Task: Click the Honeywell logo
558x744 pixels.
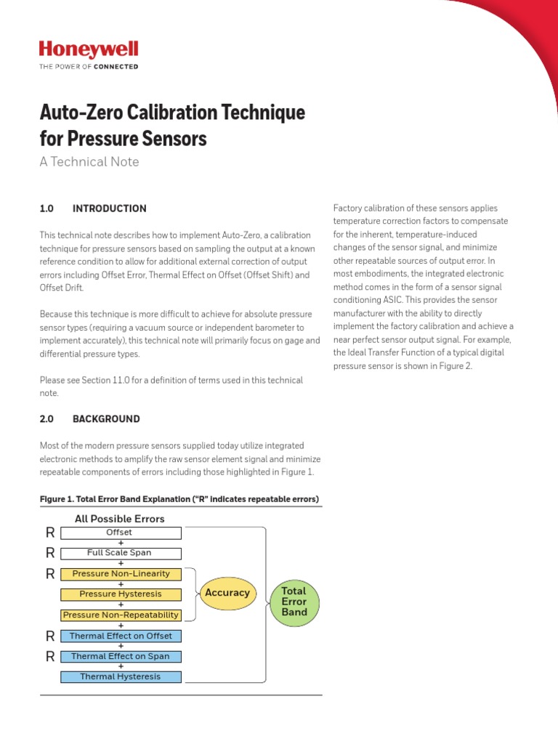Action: (88, 50)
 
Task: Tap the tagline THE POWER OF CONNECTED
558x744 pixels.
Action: (88, 67)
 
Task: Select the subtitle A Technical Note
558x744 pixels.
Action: (89, 162)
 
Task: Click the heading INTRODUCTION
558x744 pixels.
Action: (109, 209)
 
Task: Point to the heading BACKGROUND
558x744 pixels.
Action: (106, 419)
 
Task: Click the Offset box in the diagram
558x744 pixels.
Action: (121, 533)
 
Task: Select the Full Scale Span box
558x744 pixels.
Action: (121, 553)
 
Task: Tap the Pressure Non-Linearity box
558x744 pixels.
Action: (121, 574)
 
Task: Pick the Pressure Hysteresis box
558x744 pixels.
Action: (121, 594)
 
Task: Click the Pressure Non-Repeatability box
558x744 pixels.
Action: (121, 615)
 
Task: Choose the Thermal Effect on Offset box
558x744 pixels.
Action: (121, 636)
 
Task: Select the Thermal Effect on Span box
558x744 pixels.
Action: (121, 656)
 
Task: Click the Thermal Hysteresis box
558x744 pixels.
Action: (121, 677)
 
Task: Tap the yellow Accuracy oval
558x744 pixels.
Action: (227, 593)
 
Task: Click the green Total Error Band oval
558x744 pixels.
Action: (294, 602)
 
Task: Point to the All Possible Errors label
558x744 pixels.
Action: (120, 519)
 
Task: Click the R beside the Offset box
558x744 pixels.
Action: (50, 533)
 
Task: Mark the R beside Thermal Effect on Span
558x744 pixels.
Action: (50, 656)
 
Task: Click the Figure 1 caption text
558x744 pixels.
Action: (179, 499)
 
